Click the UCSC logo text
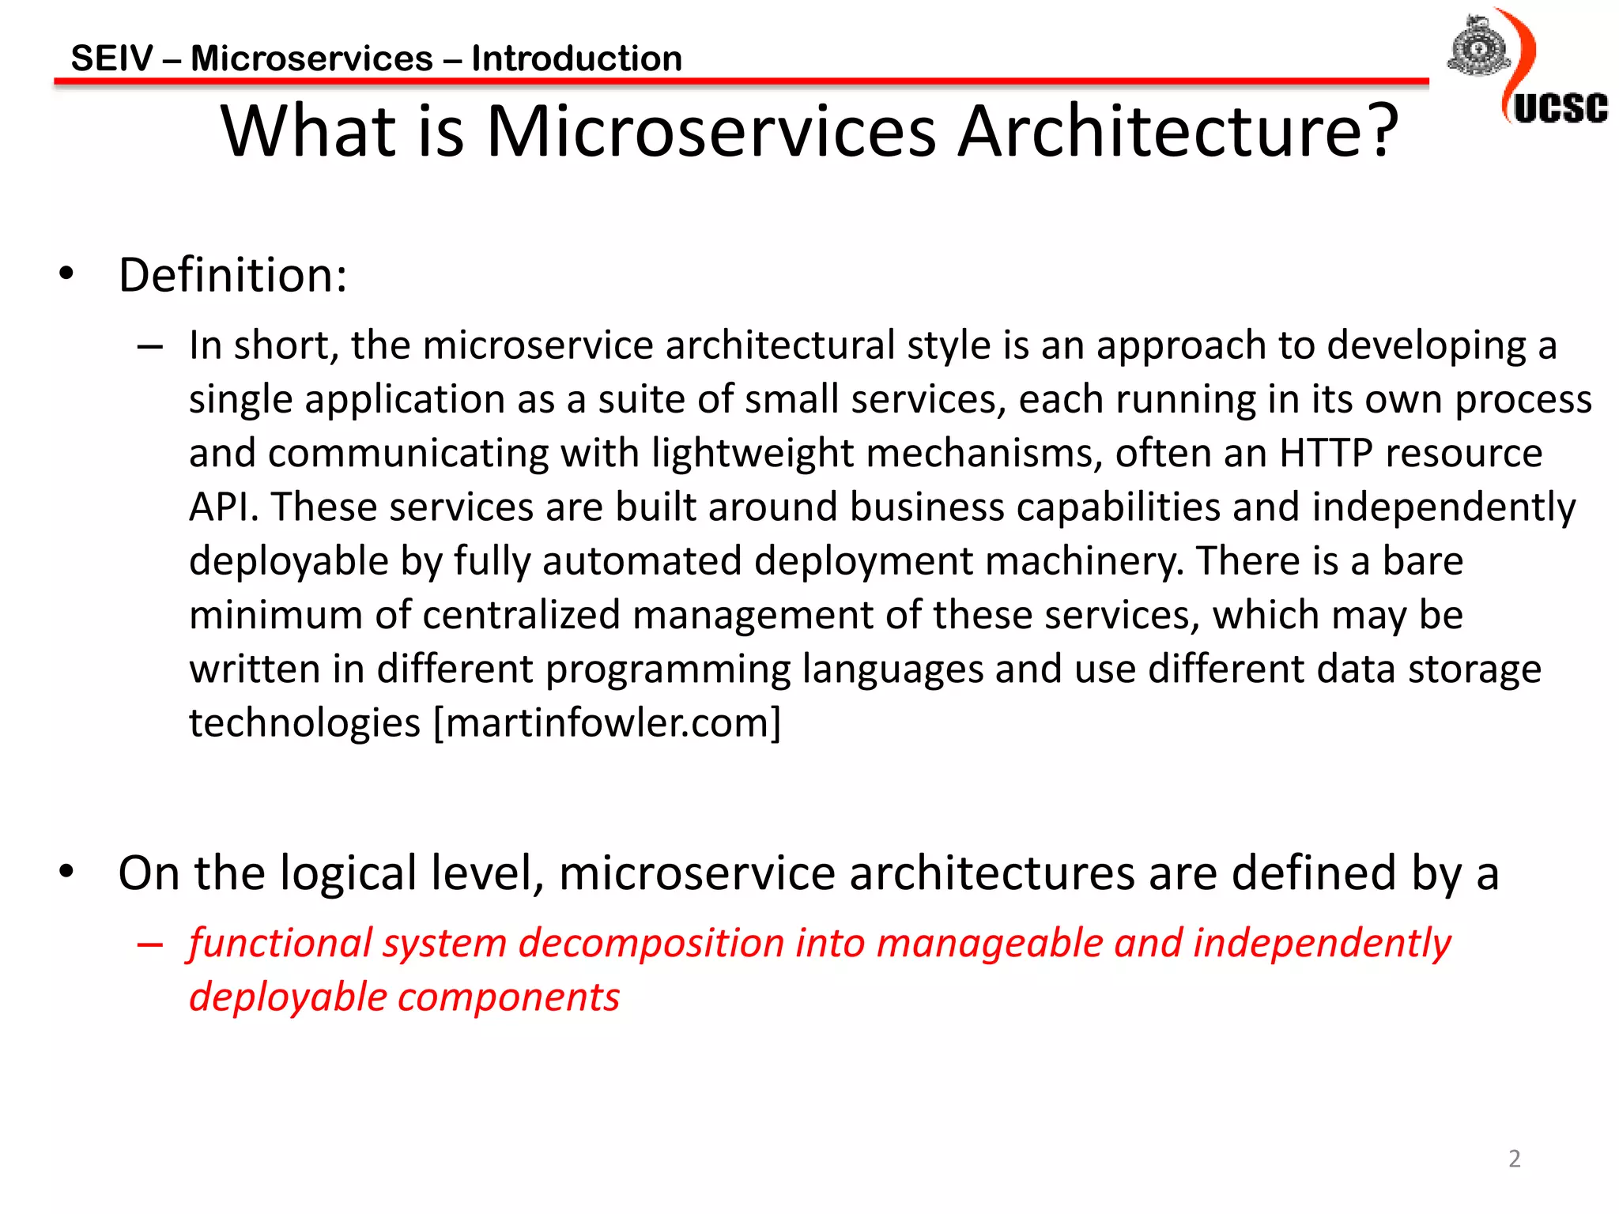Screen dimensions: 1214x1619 [x=1561, y=109]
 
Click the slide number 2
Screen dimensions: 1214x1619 [x=1514, y=1159]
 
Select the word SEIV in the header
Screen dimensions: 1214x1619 [x=111, y=58]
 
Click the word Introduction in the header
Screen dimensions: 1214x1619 [x=576, y=58]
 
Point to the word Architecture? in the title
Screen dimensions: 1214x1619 [x=1178, y=131]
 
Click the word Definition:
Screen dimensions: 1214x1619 [x=232, y=275]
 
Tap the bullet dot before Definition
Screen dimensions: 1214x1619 [x=66, y=273]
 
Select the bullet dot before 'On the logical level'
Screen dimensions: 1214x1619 [x=66, y=871]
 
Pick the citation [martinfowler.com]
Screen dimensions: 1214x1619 [x=607, y=722]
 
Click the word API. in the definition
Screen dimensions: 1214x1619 [x=224, y=507]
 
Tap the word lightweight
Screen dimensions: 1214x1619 [x=752, y=454]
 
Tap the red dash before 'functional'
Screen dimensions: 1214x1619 [x=149, y=944]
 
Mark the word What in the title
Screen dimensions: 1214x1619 [x=308, y=131]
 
